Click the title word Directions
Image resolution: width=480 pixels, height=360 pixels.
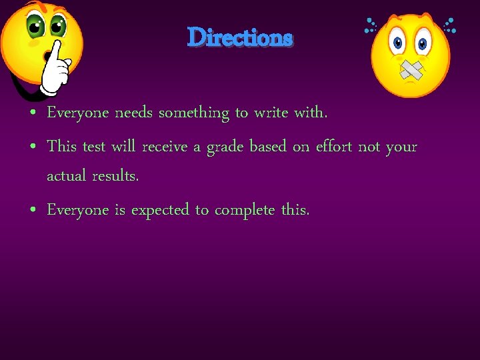pos(240,37)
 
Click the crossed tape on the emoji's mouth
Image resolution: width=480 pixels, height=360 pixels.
pos(411,69)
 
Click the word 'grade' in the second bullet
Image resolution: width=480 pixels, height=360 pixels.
pos(225,147)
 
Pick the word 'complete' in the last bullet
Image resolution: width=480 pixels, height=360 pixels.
pos(244,211)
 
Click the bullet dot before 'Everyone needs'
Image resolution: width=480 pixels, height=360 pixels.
pos(33,114)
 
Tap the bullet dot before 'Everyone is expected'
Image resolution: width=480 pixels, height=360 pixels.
pos(33,211)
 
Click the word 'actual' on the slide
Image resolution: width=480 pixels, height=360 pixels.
pos(65,177)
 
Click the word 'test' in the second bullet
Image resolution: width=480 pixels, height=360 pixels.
pos(94,147)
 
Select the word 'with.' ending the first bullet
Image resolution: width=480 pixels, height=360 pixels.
pos(311,113)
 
